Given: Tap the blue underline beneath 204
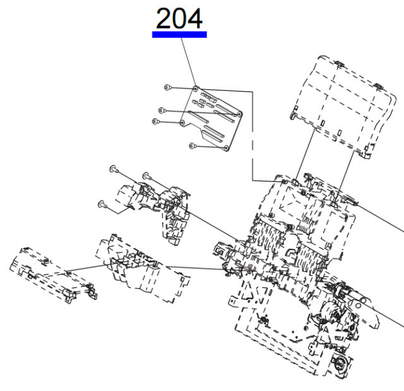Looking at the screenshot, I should click(x=179, y=35).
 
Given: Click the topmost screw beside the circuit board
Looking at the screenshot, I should click(x=167, y=88).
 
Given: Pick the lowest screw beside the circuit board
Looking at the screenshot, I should click(x=194, y=147).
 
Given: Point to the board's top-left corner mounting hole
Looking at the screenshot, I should click(x=196, y=88).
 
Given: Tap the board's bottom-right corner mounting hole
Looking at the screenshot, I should click(x=226, y=148).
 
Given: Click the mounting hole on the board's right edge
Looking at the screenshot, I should click(x=239, y=114).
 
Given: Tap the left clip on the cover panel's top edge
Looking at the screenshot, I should click(x=338, y=63).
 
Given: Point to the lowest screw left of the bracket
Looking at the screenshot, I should click(x=101, y=204).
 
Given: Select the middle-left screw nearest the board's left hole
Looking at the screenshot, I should click(x=156, y=122).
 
